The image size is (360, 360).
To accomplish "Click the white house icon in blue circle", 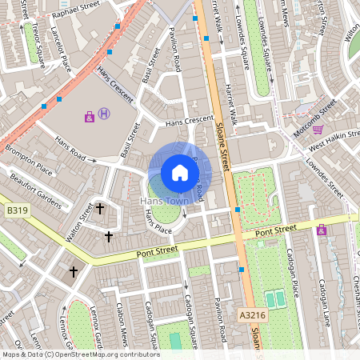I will pyautogui.click(x=180, y=172).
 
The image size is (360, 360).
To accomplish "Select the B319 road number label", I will pyautogui.click(x=17, y=210).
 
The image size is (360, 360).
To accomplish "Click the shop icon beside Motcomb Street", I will pyautogui.click(x=318, y=129).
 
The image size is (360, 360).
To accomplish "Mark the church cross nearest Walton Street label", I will pyautogui.click(x=100, y=210).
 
